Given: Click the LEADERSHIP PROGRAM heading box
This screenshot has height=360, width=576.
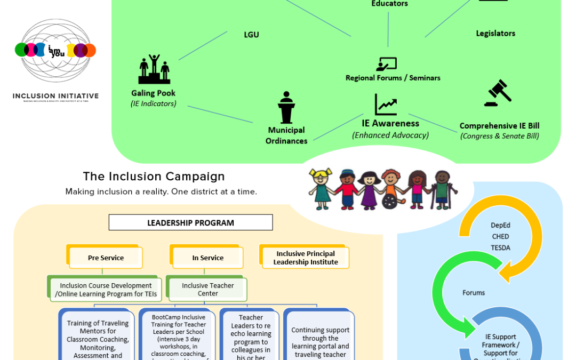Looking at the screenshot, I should click(x=190, y=222).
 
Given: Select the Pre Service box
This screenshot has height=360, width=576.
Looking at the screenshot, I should click(x=106, y=258).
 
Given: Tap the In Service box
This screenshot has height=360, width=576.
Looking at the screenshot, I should click(x=207, y=258).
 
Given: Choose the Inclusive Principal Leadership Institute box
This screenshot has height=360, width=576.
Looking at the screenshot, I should click(x=306, y=258).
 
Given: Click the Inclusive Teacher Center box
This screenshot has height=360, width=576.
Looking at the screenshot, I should click(x=207, y=289).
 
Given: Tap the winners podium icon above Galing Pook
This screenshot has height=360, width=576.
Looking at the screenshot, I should click(x=154, y=69).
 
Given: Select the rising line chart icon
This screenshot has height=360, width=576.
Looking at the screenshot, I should click(x=386, y=105).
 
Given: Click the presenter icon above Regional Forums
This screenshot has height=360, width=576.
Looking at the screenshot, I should click(x=386, y=64).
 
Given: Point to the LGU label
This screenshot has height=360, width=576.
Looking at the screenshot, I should click(x=251, y=35).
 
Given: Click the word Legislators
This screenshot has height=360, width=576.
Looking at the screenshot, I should click(x=495, y=33).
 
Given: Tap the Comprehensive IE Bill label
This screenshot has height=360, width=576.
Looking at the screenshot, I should click(x=499, y=126).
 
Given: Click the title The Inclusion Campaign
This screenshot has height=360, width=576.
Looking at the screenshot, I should click(x=154, y=177).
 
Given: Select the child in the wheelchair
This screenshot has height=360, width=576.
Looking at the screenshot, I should click(x=390, y=190).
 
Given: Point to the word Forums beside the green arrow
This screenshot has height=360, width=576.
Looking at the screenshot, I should click(x=474, y=292).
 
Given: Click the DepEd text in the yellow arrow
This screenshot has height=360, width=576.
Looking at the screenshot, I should click(x=500, y=226).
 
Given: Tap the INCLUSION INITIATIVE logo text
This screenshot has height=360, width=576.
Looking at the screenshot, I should click(x=55, y=96).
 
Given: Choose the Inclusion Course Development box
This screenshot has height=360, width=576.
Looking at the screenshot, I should click(x=106, y=289).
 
